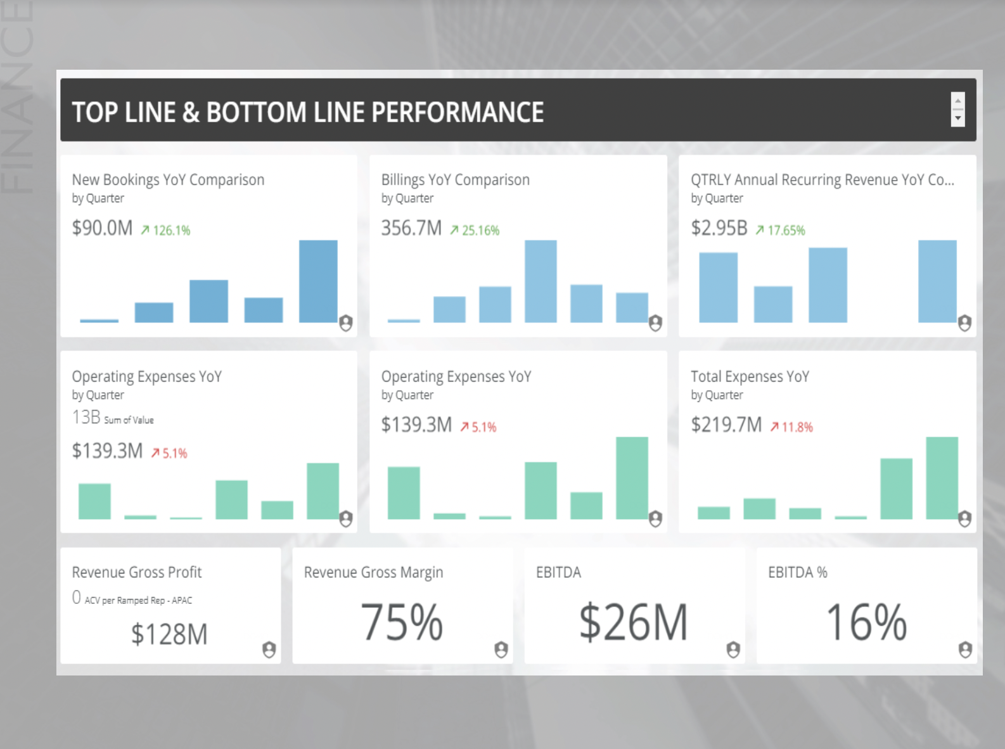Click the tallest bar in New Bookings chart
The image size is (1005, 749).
[x=318, y=281]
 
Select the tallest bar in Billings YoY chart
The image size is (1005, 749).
[x=541, y=281]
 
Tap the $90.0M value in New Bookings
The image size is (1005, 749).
[x=102, y=228]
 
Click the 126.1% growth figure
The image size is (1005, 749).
[x=171, y=231]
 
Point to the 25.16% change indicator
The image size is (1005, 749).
[x=480, y=231]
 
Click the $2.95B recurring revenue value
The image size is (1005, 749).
[x=719, y=228]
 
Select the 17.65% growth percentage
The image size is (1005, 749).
[x=786, y=231]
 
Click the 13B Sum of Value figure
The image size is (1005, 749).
[x=87, y=418]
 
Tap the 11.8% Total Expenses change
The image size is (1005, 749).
[x=797, y=427]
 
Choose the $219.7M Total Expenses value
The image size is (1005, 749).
[x=726, y=425]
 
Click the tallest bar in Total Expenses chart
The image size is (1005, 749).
[x=942, y=478]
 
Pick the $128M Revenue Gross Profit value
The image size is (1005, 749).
[x=169, y=634]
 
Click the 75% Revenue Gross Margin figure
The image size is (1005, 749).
[x=402, y=622]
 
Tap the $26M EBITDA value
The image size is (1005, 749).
[x=633, y=622]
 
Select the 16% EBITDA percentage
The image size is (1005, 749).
[x=866, y=622]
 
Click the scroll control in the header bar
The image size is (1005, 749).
[x=957, y=110]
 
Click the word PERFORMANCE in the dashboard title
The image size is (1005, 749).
[x=458, y=113]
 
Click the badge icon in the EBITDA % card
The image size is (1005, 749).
[x=965, y=650]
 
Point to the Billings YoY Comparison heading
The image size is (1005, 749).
[x=455, y=180]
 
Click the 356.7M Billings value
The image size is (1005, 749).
[x=411, y=228]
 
